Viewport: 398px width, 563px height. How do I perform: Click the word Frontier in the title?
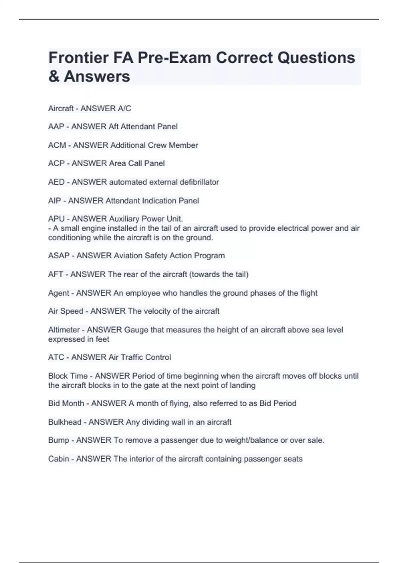[78, 58]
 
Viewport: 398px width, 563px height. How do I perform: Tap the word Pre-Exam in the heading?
[174, 58]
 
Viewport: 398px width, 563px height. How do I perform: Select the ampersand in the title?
[54, 77]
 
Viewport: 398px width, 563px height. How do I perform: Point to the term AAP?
[56, 127]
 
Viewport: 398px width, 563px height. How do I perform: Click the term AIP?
[55, 201]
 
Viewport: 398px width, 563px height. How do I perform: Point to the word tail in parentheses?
[240, 274]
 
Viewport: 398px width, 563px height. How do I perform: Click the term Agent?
[58, 293]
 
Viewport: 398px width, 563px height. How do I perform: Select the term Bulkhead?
[65, 422]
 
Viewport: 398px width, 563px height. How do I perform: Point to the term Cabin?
[58, 459]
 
